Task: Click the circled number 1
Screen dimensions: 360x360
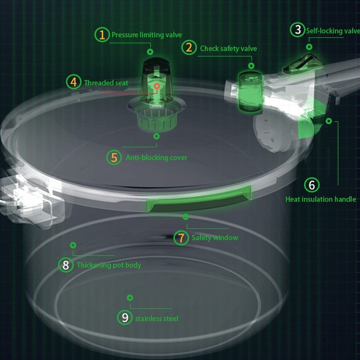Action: tap(102, 35)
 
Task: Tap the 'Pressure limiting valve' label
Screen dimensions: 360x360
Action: tap(147, 35)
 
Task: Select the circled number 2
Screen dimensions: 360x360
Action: tap(189, 48)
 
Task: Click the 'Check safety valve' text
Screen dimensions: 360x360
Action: tap(228, 48)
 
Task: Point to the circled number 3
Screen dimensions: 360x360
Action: tap(297, 30)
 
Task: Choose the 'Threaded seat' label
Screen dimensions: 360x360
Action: tap(106, 83)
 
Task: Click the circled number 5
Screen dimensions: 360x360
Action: tap(114, 157)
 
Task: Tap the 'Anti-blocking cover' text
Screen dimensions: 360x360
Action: tap(156, 157)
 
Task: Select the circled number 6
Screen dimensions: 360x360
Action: tap(311, 185)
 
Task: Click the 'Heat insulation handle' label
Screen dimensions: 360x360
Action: tap(320, 199)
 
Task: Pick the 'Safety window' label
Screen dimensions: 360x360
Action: tap(215, 238)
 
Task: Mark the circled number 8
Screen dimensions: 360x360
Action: tap(66, 265)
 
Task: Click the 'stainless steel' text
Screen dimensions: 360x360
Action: tap(157, 319)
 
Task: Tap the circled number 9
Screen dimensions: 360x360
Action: tap(125, 318)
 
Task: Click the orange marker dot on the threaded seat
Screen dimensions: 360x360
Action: tap(157, 85)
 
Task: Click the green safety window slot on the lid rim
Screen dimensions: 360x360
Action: tap(198, 203)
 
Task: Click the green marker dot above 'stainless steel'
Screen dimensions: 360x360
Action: tap(130, 298)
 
